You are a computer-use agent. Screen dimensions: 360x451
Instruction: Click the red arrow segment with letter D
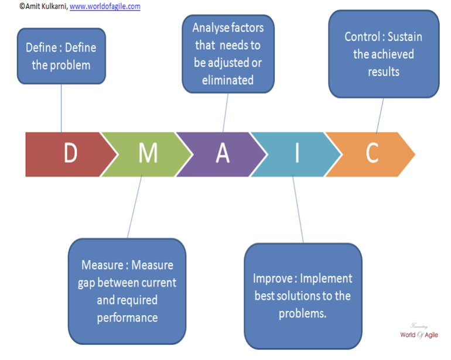click(67, 154)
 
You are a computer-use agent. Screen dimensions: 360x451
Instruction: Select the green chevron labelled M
click(146, 154)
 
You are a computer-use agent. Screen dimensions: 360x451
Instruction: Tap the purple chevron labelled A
click(221, 154)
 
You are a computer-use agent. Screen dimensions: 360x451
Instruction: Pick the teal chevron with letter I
click(296, 154)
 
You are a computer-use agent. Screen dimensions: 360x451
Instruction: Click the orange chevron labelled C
click(371, 154)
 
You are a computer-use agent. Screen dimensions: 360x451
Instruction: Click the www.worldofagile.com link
click(105, 6)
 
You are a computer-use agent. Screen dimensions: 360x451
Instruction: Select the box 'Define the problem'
click(61, 56)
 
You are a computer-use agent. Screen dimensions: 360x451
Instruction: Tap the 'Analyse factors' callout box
click(228, 54)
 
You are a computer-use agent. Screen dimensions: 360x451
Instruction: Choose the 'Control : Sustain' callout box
click(383, 54)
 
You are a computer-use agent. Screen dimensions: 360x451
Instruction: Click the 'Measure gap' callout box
click(127, 291)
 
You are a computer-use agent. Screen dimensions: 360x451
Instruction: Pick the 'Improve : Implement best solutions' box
click(302, 296)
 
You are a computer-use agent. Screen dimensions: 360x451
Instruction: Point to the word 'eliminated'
click(228, 80)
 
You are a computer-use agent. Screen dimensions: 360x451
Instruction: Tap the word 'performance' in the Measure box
click(128, 318)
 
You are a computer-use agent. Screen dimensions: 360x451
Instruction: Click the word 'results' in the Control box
click(384, 72)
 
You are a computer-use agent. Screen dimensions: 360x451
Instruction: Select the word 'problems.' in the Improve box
click(302, 313)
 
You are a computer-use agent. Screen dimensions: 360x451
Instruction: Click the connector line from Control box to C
click(380, 115)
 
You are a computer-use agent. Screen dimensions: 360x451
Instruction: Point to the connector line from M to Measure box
click(134, 208)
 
